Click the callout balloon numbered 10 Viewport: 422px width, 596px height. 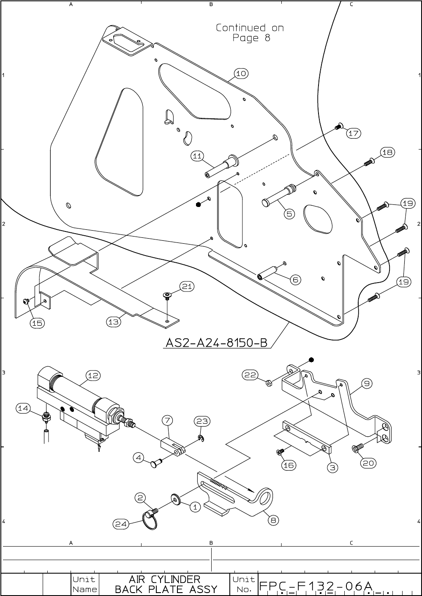pyautogui.click(x=241, y=73)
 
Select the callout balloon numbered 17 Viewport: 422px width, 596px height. pyautogui.click(x=354, y=133)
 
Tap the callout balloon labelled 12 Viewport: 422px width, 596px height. pyautogui.click(x=93, y=375)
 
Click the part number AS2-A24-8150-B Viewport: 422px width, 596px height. pyautogui.click(x=217, y=343)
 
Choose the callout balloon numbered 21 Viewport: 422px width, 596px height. pyautogui.click(x=187, y=287)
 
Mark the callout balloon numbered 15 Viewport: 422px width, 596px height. pyautogui.click(x=37, y=323)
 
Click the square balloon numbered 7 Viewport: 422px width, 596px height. pyautogui.click(x=168, y=420)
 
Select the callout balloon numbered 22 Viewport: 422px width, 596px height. pyautogui.click(x=250, y=375)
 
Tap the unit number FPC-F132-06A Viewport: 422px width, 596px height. pyautogui.click(x=316, y=586)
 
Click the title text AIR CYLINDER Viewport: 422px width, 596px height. pyautogui.click(x=164, y=579)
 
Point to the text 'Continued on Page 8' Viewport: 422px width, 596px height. pyautogui.click(x=250, y=33)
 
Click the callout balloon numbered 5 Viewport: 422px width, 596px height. pyautogui.click(x=289, y=214)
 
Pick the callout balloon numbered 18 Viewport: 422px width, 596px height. pyautogui.click(x=387, y=152)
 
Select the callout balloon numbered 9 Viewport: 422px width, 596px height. pyautogui.click(x=367, y=384)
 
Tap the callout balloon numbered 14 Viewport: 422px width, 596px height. pyautogui.click(x=23, y=408)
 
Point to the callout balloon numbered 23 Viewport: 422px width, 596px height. pyautogui.click(x=202, y=421)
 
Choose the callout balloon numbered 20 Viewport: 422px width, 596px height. pyautogui.click(x=368, y=463)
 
